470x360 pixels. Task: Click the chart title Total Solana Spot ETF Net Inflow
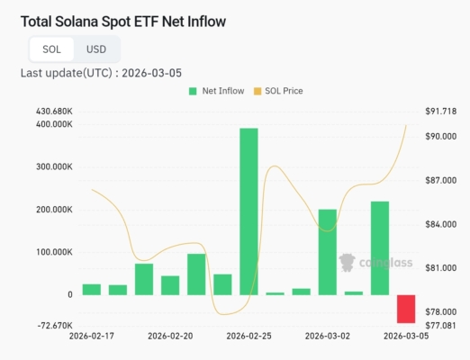(x=123, y=20)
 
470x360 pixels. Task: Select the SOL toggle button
(x=51, y=49)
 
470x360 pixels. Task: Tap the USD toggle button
(x=96, y=49)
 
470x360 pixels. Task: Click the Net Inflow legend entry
(x=215, y=91)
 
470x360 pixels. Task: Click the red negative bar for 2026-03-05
(x=406, y=309)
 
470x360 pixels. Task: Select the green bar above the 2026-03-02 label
(x=327, y=252)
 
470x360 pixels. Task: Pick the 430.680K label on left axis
(x=53, y=111)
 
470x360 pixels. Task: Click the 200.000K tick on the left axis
(x=53, y=210)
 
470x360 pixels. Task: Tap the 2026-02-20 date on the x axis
(x=170, y=336)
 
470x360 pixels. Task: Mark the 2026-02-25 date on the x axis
(x=249, y=336)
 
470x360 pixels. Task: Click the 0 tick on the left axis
(x=69, y=294)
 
